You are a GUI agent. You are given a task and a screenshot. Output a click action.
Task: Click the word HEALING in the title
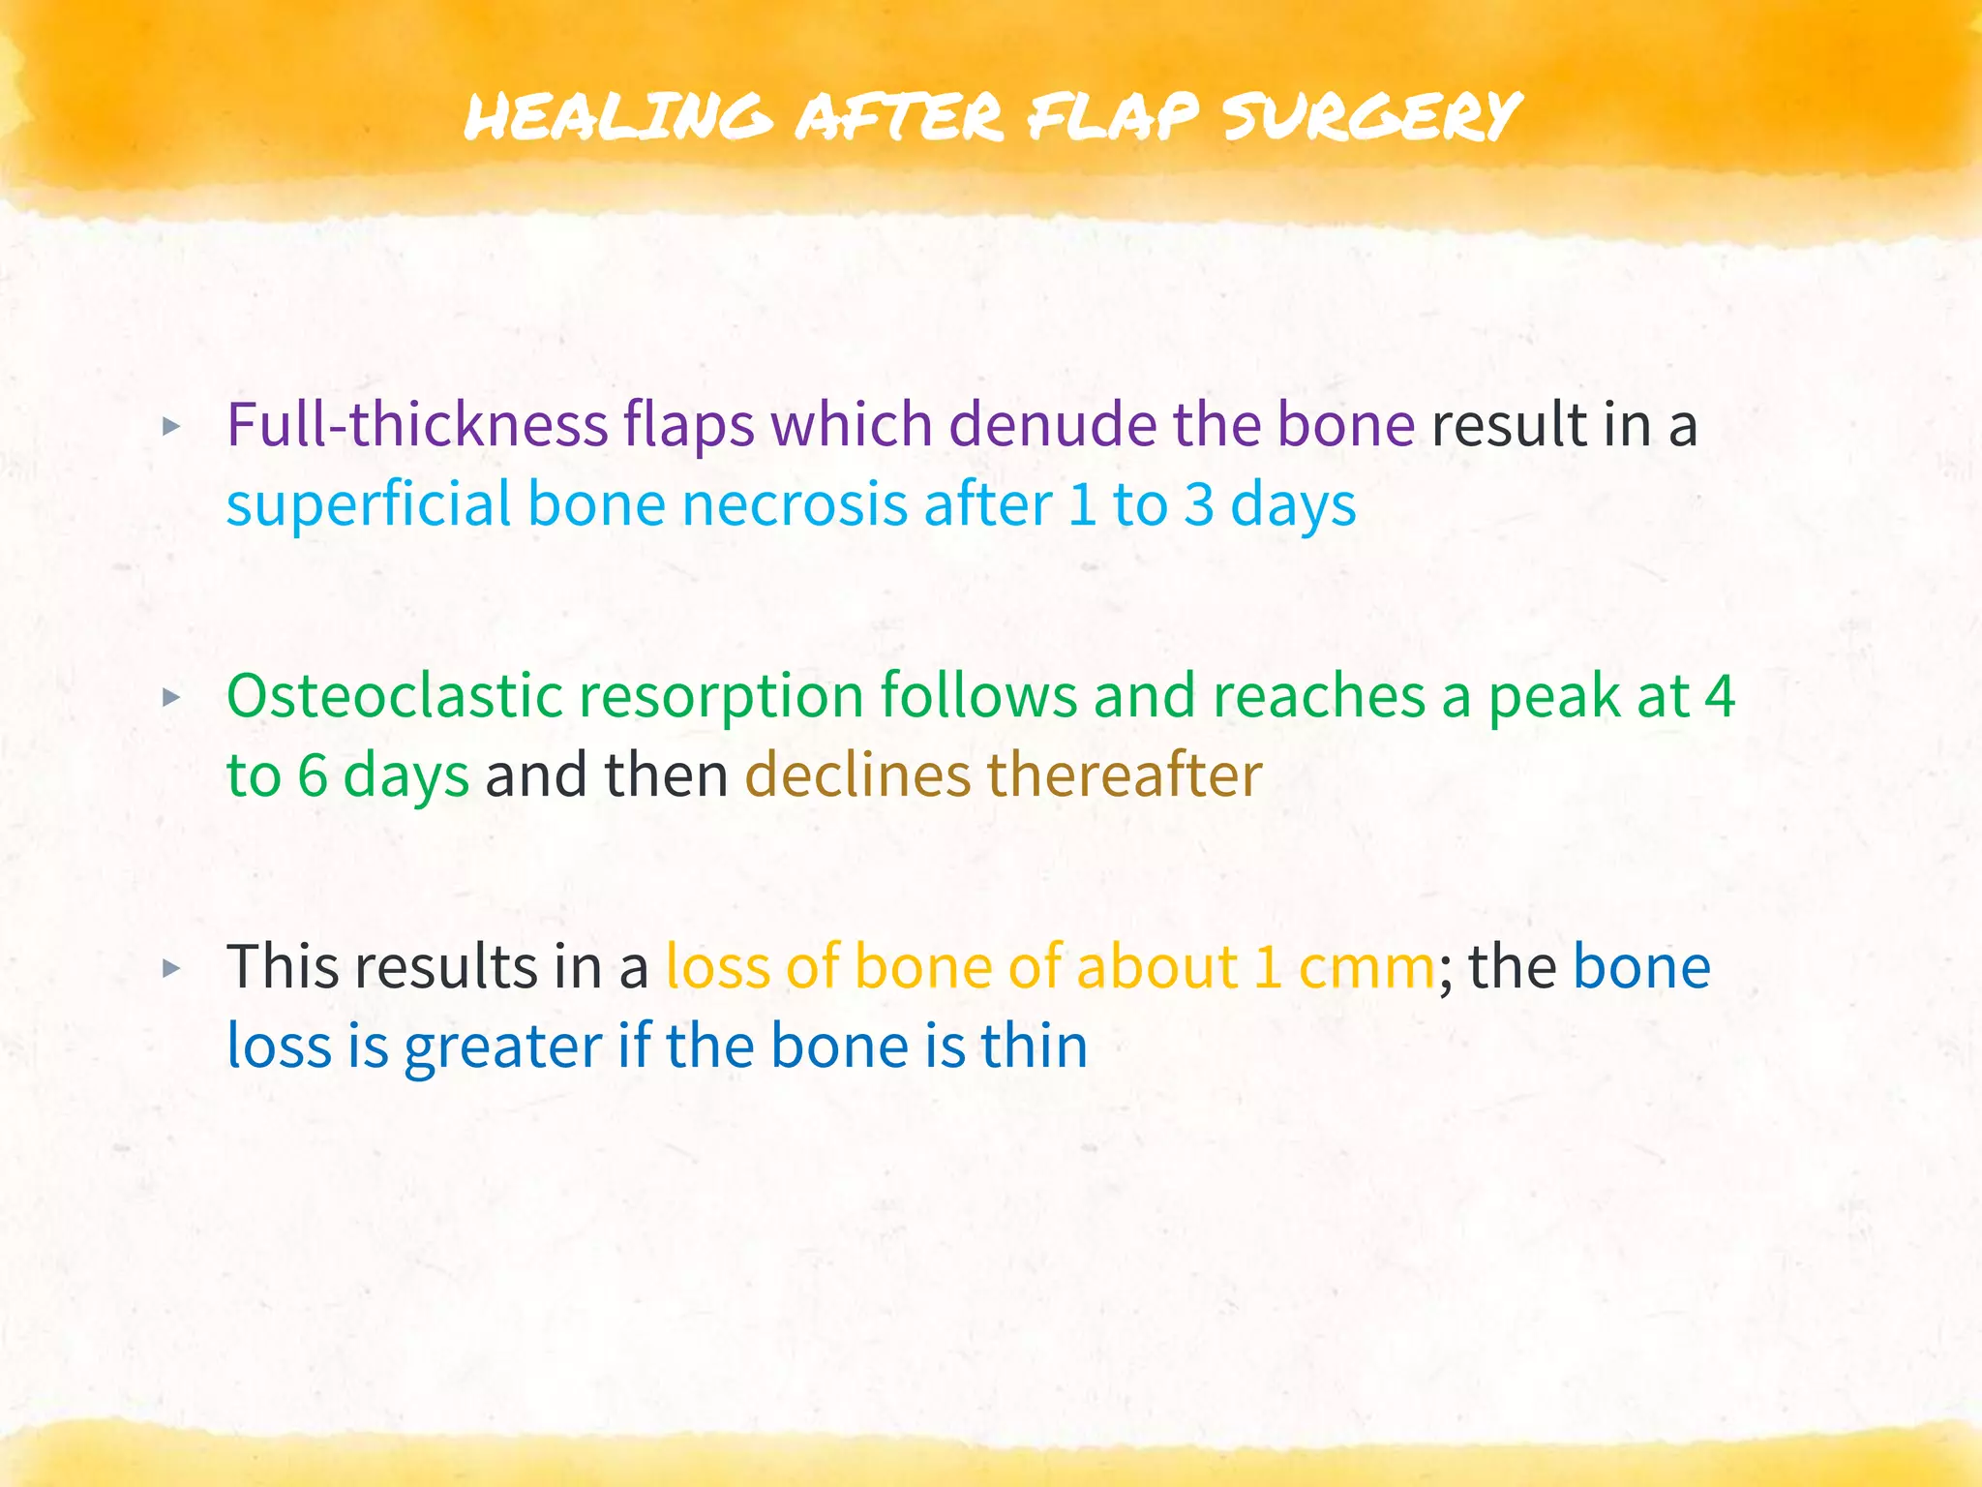pos(617,117)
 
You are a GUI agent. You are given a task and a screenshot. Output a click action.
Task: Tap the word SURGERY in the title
pos(1371,117)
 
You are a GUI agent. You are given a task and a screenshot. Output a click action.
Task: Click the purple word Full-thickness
pos(416,425)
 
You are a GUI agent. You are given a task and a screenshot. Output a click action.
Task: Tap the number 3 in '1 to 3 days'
pos(1198,504)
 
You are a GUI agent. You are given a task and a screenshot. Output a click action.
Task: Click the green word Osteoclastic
pos(393,696)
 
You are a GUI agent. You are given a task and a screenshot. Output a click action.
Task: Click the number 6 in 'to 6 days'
pos(312,775)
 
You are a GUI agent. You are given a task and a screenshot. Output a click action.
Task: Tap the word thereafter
pos(1125,775)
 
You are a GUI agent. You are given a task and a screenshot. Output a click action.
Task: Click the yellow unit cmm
pos(1366,967)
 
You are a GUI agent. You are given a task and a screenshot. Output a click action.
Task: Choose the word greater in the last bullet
pos(503,1047)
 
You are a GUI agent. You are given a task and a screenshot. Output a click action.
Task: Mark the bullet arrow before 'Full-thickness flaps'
pos(171,426)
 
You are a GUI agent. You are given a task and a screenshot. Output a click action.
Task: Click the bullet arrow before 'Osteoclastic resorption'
pos(171,697)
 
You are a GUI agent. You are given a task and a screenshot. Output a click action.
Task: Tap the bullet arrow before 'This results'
pos(171,968)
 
